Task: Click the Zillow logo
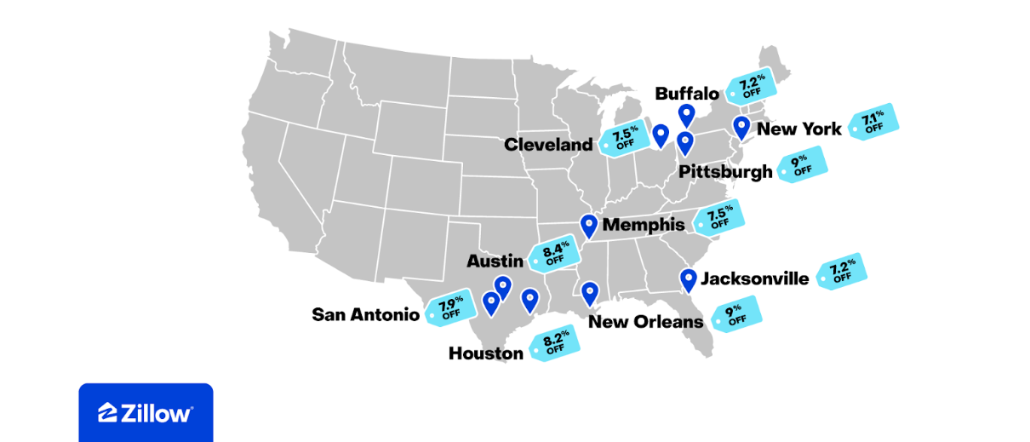point(146,413)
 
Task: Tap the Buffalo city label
point(687,94)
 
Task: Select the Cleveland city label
point(548,144)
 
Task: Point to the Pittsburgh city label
point(725,172)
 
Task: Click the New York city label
point(798,129)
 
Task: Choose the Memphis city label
point(643,225)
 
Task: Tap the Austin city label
point(495,261)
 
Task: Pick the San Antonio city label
point(365,314)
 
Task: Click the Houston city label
point(485,353)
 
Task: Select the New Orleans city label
point(645,321)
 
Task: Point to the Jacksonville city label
point(754,278)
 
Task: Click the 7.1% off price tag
point(873,122)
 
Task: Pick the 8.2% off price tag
point(555,343)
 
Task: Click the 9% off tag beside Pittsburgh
point(802,164)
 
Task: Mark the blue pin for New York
point(741,127)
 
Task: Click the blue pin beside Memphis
point(588,226)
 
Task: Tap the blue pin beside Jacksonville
point(688,279)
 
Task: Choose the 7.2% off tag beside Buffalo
point(751,86)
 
